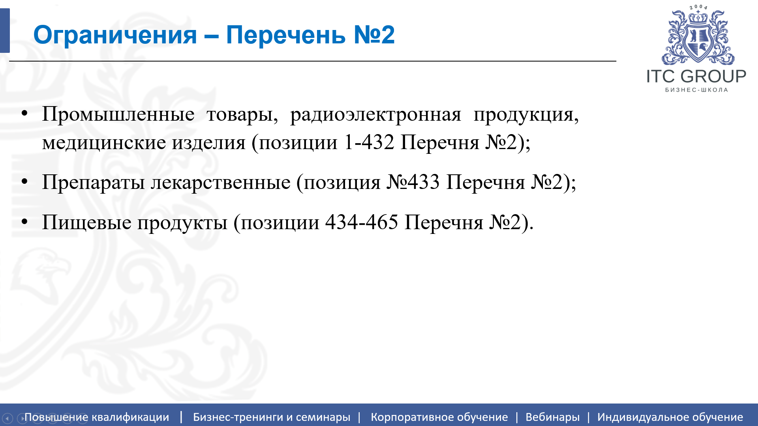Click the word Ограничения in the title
click(115, 35)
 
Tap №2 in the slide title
click(374, 35)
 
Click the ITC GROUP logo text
click(696, 77)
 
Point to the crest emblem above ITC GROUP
click(698, 38)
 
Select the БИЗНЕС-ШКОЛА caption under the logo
click(696, 90)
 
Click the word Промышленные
click(118, 115)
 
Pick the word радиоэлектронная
click(375, 115)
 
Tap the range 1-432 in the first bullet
click(369, 142)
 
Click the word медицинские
click(104, 142)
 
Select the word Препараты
click(93, 183)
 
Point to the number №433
click(413, 182)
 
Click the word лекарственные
click(221, 182)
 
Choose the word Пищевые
click(86, 222)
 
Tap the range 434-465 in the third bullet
click(362, 222)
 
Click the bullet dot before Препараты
click(24, 182)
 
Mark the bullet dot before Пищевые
click(24, 222)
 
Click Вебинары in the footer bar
click(552, 417)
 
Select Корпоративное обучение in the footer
click(439, 417)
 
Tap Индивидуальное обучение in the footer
click(670, 417)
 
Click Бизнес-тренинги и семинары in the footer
click(272, 417)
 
